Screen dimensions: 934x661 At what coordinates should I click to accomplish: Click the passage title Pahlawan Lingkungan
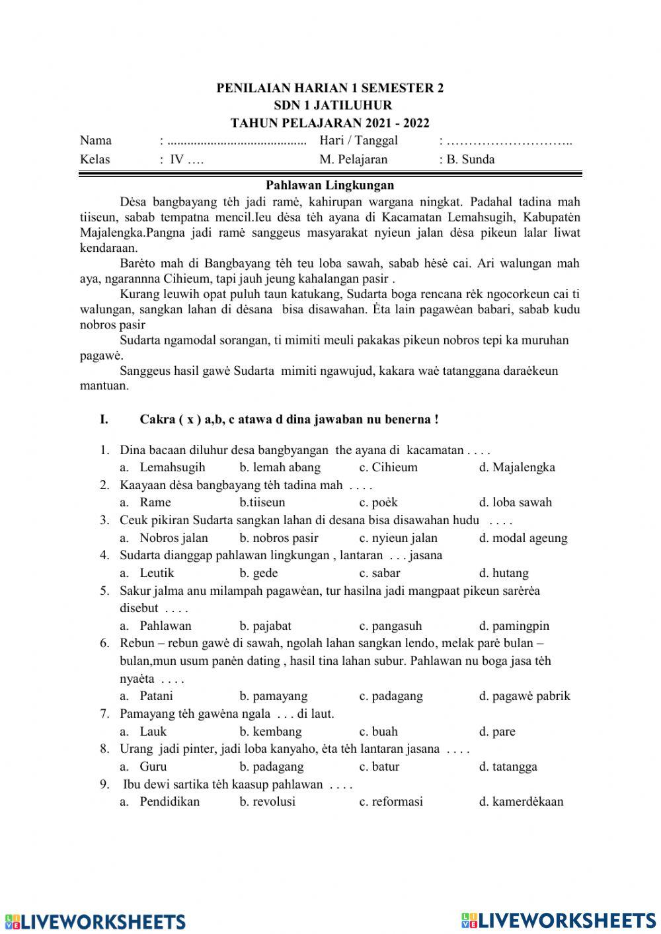[329, 186]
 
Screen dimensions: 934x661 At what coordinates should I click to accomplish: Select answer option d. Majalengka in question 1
[517, 467]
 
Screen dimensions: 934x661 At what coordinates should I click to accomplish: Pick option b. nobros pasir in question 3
[278, 538]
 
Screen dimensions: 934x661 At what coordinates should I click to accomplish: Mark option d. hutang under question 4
[504, 573]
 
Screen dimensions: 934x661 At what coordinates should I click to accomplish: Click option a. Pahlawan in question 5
[156, 626]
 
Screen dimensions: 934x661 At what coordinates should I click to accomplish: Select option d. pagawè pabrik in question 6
[524, 696]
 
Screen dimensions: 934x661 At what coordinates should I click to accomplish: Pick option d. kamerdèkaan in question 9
[521, 802]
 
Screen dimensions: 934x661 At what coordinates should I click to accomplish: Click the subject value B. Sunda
[470, 159]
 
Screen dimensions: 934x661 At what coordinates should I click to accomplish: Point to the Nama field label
[96, 140]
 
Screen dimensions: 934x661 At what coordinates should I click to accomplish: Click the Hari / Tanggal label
[358, 140]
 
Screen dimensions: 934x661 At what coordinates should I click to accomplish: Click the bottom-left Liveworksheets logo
[95, 921]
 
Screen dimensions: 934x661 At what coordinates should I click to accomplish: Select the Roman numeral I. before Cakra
[104, 419]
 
